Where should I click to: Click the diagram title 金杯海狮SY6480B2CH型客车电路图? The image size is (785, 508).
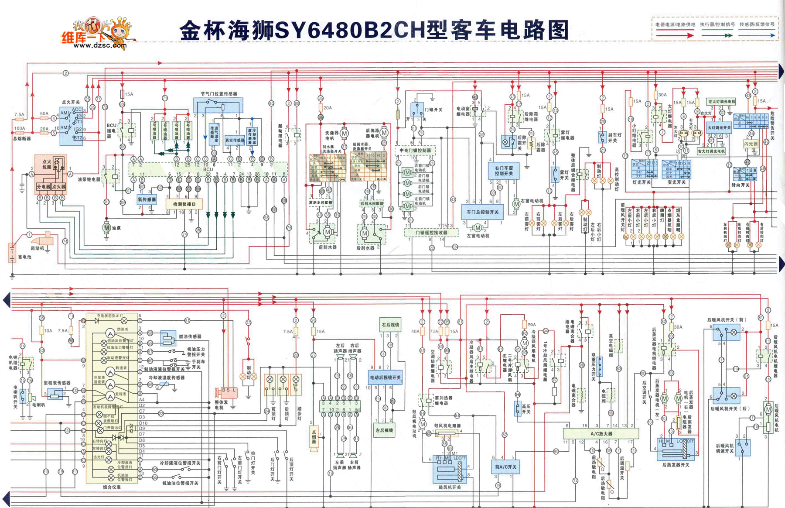pos(374,31)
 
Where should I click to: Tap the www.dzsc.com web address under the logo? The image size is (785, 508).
pos(100,45)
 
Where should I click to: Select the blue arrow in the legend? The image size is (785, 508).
pos(757,35)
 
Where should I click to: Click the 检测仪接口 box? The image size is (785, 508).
pos(184,204)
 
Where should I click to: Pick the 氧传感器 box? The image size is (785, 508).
pos(147,199)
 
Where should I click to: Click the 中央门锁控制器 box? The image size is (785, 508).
pos(415,151)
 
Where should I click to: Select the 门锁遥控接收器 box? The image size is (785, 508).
pos(431,233)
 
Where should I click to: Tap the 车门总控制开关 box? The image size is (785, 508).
pos(482,212)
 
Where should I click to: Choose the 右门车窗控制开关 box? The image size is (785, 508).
pos(504,171)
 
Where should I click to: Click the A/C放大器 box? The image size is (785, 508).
pos(601,434)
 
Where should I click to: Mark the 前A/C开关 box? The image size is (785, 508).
pos(505,467)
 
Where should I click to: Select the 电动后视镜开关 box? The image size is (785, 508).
pos(385,378)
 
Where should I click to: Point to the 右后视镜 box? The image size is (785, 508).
pos(390,325)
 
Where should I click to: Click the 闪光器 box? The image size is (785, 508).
pos(751,144)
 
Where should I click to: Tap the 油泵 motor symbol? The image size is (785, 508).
pos(106,227)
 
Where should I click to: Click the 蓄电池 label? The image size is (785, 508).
pos(25,257)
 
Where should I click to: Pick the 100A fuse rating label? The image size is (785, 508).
pos(20,129)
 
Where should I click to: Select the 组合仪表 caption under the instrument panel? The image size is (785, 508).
pos(112,487)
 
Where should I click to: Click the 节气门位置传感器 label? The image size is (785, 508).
pos(219,94)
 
